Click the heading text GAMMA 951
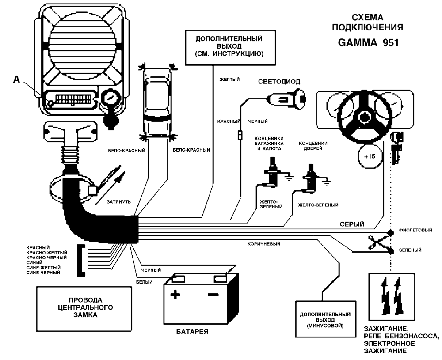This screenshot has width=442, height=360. (x=368, y=43)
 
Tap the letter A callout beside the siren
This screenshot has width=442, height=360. (x=17, y=80)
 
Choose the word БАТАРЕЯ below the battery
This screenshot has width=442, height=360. (x=191, y=331)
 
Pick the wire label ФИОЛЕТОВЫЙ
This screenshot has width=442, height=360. (x=413, y=230)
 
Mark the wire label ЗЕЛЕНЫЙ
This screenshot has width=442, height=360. (x=410, y=250)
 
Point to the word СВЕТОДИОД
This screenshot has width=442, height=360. (x=279, y=82)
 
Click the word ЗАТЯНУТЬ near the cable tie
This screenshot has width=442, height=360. (x=118, y=201)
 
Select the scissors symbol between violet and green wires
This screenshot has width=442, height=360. (x=376, y=241)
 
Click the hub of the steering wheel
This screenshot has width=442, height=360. (x=365, y=117)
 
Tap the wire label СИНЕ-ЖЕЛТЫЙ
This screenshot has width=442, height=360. (x=43, y=268)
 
